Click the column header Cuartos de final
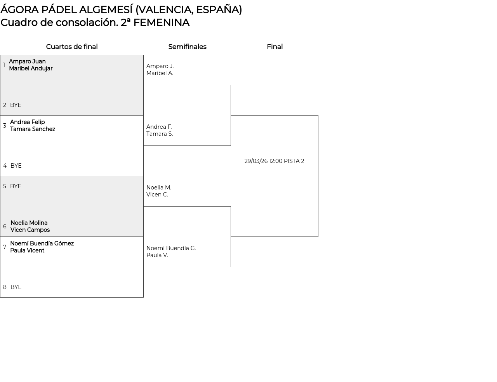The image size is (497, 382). tap(72, 47)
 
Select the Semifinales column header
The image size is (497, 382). tap(187, 47)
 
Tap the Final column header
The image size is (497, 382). tap(275, 47)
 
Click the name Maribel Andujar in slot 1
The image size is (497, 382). tap(31, 68)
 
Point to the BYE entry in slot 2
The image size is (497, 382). tap(16, 105)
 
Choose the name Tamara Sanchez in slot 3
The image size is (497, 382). tap(33, 129)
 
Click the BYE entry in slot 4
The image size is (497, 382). tap(16, 166)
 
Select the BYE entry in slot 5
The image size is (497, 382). tap(16, 186)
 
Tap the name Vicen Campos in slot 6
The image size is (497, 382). tap(30, 230)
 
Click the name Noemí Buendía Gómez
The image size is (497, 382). tap(42, 244)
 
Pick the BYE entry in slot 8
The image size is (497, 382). tap(16, 287)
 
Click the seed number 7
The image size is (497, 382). tap(5, 247)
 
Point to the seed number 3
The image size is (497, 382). tap(5, 126)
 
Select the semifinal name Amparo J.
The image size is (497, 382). tap(160, 66)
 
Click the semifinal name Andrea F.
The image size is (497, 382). tap(159, 127)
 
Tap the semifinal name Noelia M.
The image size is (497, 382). tap(159, 187)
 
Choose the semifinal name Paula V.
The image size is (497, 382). tap(157, 255)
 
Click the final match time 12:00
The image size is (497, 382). tap(276, 161)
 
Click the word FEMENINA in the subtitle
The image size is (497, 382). tap(161, 23)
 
